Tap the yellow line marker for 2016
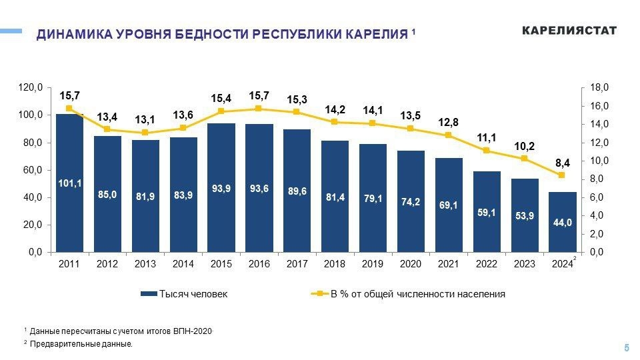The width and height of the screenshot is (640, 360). point(259,109)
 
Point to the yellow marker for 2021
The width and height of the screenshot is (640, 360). point(449,135)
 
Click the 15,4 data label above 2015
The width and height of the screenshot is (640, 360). point(221,98)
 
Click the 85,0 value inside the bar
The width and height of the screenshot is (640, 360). point(107,195)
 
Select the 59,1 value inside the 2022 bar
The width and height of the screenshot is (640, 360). point(487,213)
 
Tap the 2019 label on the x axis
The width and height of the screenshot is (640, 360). point(373,265)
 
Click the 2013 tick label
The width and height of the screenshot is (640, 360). point(145,265)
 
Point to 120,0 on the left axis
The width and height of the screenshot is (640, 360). point(30,87)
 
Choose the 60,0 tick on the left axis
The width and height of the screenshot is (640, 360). point(32,170)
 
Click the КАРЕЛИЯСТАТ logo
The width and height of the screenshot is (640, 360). point(569,31)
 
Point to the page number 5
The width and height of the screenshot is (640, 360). point(626,347)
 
